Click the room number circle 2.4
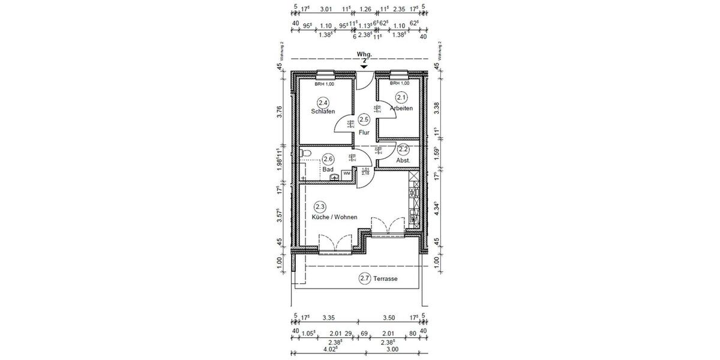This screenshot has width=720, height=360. (x=323, y=103)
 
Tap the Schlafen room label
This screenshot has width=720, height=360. (x=323, y=112)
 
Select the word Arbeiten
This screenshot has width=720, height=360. (x=401, y=108)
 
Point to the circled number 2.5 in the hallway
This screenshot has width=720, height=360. (x=364, y=119)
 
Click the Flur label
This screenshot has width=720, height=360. (x=364, y=133)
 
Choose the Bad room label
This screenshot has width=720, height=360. (x=328, y=169)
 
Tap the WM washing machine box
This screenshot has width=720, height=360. (x=346, y=173)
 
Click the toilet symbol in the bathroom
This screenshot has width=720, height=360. (x=306, y=154)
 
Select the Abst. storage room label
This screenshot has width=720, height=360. (x=403, y=160)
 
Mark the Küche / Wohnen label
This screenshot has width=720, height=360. (x=334, y=217)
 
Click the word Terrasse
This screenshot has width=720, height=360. (x=386, y=279)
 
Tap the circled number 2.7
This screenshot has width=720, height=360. (x=365, y=278)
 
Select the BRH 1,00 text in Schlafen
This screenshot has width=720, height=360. (x=325, y=84)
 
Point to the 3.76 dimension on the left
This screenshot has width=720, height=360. (x=278, y=112)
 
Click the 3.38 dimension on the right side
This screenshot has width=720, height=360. (x=437, y=108)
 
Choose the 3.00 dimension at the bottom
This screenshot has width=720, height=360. (x=392, y=349)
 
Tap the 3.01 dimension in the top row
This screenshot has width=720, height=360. (x=326, y=9)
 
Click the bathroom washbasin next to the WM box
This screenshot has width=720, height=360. (x=334, y=178)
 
